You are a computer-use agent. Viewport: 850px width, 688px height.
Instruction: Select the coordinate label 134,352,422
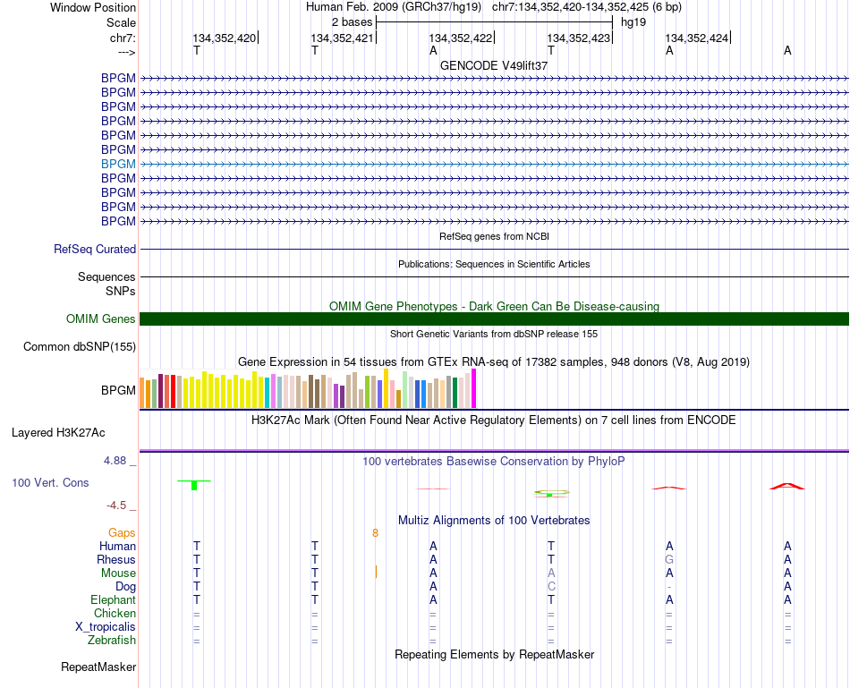coord(461,38)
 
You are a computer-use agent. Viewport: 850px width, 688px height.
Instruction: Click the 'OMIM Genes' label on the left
coord(100,319)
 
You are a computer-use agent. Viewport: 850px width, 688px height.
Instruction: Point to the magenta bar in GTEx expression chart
coord(474,387)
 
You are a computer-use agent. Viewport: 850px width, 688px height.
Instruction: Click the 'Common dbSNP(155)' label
coord(80,347)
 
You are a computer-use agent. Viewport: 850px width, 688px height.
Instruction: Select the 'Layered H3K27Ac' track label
coord(58,432)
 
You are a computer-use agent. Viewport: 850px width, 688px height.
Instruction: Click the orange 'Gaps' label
coord(122,533)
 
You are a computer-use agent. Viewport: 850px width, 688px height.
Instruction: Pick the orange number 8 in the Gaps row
coord(376,533)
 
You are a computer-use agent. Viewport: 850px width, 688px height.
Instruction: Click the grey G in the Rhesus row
coord(669,559)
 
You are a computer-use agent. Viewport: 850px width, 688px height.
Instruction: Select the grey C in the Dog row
coord(551,586)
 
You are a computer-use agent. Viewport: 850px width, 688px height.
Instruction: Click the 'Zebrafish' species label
coord(112,640)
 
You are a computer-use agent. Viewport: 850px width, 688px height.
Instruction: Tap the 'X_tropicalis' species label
coord(106,626)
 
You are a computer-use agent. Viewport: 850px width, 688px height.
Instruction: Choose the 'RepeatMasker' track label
coord(98,667)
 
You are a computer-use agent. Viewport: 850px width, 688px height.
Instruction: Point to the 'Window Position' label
coord(93,7)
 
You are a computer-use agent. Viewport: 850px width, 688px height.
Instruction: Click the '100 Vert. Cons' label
coord(50,482)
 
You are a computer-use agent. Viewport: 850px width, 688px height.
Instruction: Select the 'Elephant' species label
coord(113,599)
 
